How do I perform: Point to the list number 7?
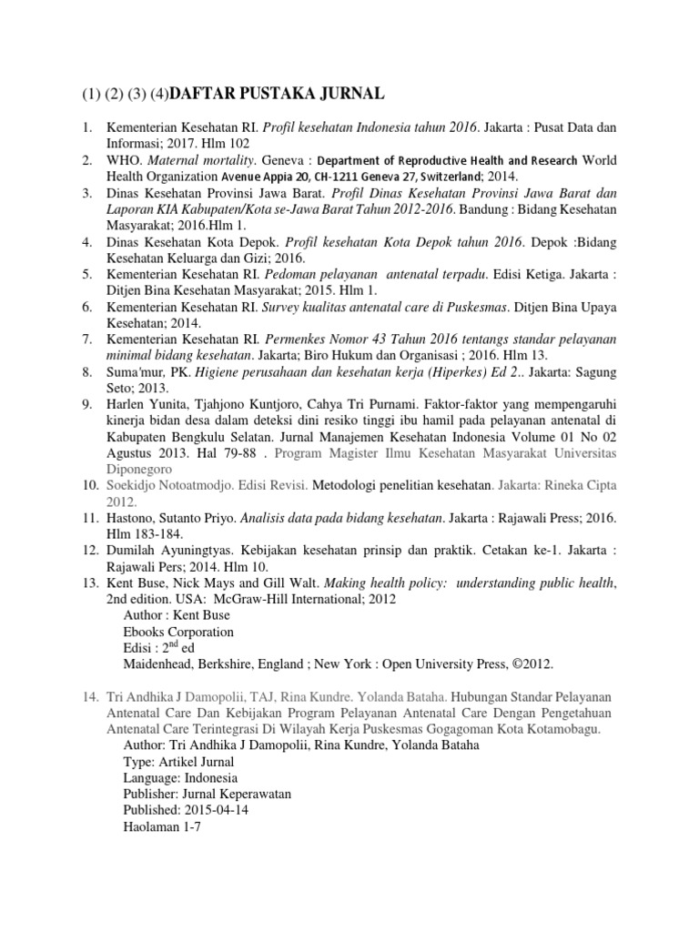(x=86, y=339)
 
